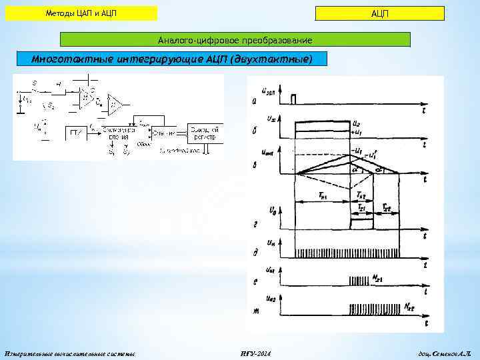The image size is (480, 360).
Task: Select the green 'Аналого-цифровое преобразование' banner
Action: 235,39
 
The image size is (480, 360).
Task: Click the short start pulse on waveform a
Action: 293,99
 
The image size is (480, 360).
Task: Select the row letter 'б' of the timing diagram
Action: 256,131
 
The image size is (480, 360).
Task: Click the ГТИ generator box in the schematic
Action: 73,132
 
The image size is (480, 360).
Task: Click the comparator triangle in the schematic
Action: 117,103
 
